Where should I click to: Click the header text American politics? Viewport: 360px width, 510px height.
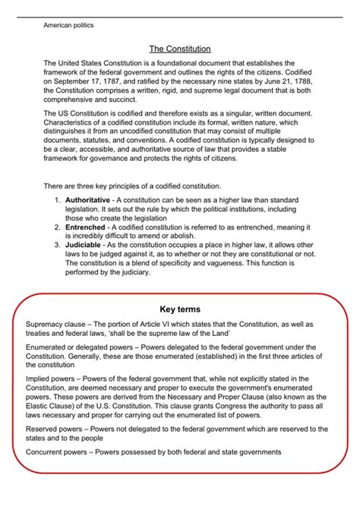(x=68, y=25)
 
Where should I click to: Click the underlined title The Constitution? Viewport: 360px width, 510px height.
(x=179, y=49)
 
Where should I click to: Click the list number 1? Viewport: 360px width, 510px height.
(x=57, y=199)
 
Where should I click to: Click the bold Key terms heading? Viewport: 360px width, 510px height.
(x=180, y=309)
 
